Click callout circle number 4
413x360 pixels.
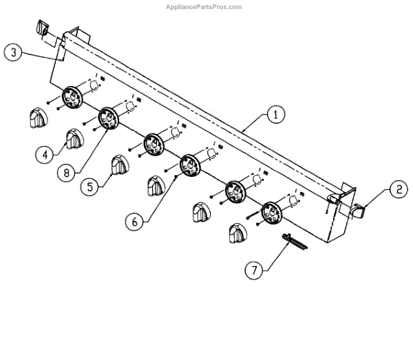point(45,155)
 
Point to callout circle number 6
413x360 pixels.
point(136,222)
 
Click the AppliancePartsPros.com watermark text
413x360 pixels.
point(205,7)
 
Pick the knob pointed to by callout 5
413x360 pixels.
point(120,165)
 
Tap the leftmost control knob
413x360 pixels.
point(37,118)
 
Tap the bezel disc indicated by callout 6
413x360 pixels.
point(189,165)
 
